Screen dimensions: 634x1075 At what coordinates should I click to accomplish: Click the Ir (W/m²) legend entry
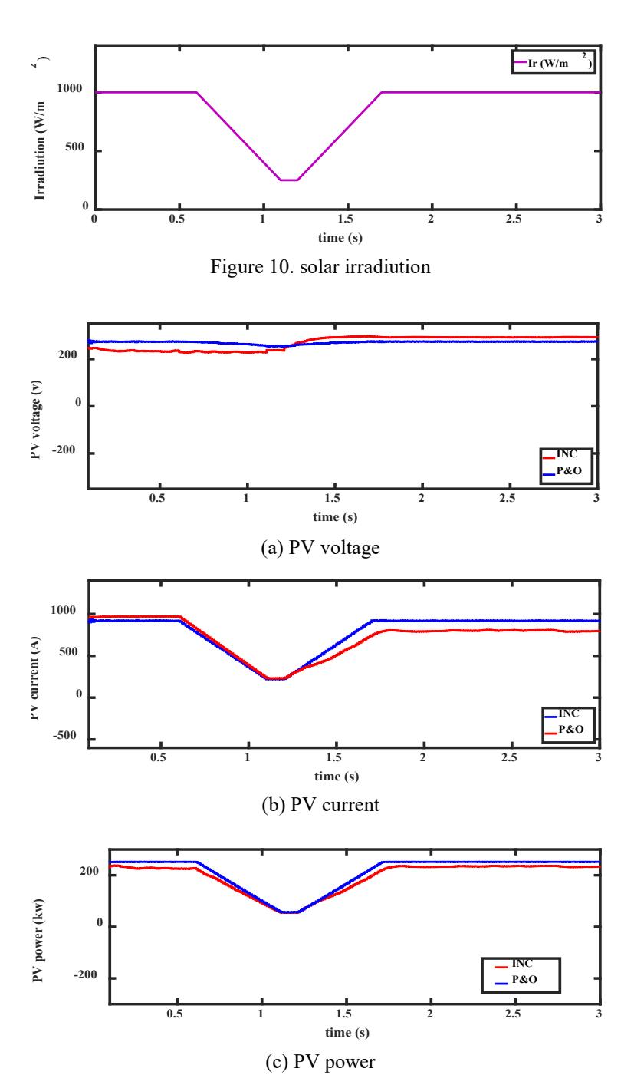pos(553,62)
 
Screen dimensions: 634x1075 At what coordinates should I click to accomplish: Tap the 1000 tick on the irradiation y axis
pos(70,88)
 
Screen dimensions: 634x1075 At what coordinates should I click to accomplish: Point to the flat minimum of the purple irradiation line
pos(289,180)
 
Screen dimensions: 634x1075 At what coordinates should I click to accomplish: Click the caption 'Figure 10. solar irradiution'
pos(320,267)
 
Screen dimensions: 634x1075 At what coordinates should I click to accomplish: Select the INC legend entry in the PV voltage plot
pos(560,454)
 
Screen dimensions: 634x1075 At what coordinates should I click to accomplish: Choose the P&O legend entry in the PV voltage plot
pos(562,471)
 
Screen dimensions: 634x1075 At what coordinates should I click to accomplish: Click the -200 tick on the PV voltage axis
pos(64,450)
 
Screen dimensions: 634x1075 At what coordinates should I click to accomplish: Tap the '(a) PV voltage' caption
pos(320,548)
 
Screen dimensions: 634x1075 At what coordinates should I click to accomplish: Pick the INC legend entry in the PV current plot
pos(562,714)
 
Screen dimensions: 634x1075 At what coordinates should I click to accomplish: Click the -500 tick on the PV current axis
pos(64,735)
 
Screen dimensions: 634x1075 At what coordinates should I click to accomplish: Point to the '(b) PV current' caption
pos(320,805)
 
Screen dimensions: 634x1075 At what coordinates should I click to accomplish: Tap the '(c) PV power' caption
pos(320,1061)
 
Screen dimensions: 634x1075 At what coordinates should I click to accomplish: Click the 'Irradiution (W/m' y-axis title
pos(41,144)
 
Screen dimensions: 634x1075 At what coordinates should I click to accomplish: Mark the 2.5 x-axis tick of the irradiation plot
pos(513,219)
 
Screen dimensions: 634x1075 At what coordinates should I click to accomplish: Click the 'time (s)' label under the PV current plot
pos(337,776)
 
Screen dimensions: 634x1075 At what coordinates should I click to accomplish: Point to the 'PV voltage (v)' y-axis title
pos(36,420)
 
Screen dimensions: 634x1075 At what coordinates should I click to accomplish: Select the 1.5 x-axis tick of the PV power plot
pos(344,1014)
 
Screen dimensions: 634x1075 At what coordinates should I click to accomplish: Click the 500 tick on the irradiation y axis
pos(75,147)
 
